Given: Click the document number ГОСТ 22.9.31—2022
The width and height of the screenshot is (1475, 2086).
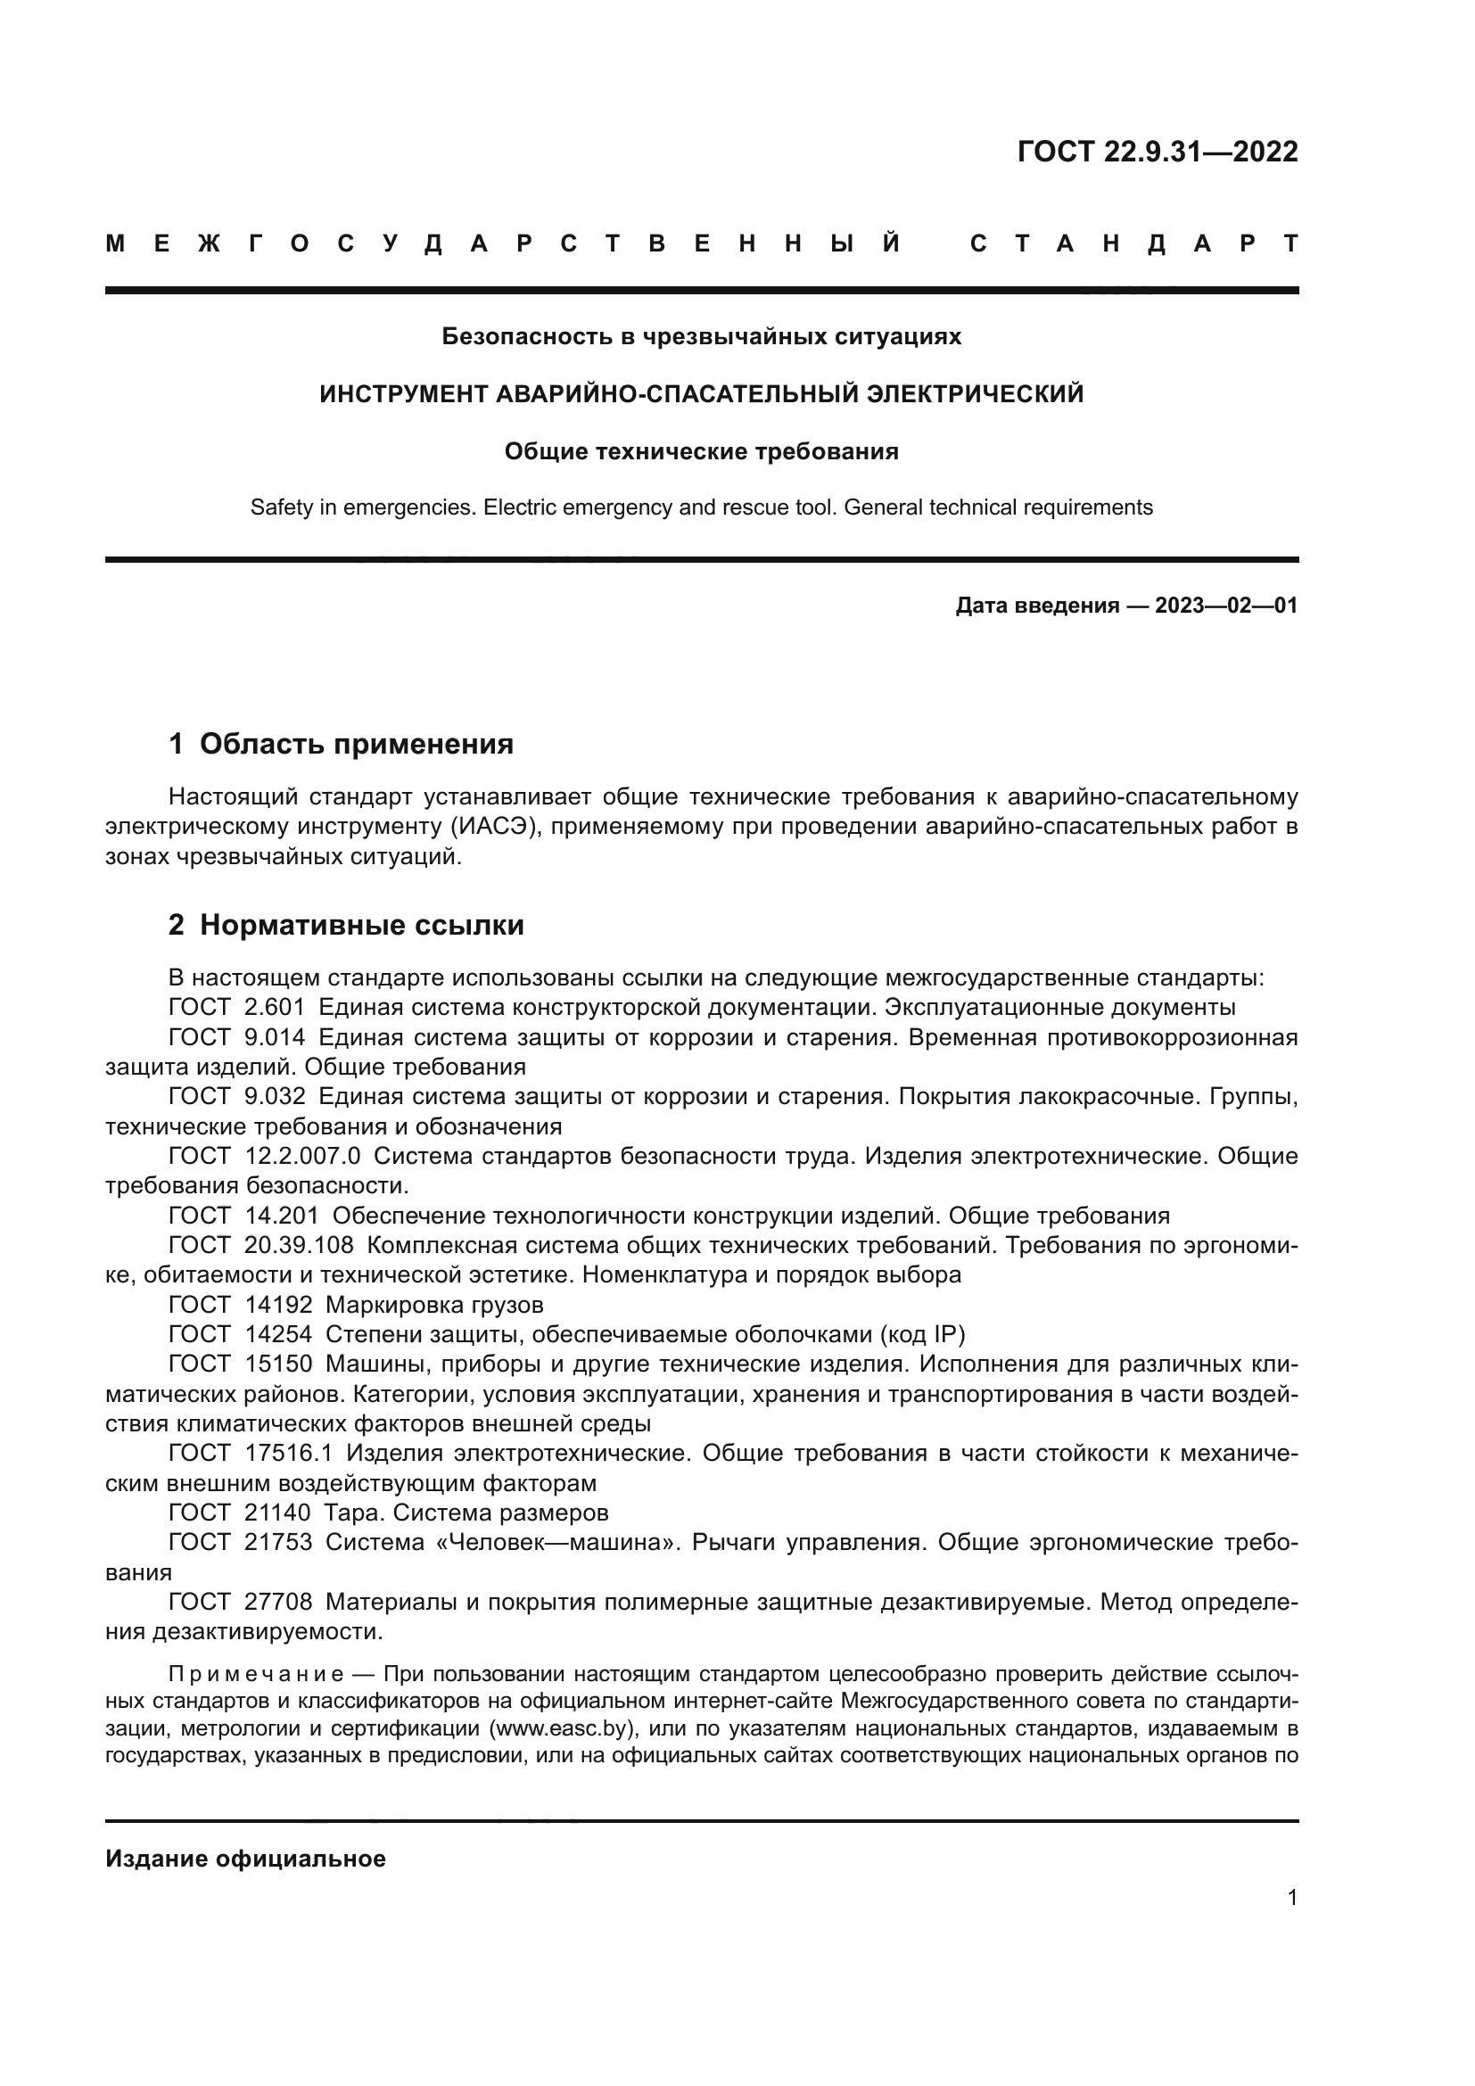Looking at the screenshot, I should tap(1158, 152).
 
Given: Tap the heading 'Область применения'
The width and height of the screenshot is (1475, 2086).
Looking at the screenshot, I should tap(356, 744).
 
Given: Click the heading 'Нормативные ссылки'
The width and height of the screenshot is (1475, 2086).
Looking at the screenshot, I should tap(361, 925).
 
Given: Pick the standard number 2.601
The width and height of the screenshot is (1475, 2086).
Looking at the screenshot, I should tap(276, 1008).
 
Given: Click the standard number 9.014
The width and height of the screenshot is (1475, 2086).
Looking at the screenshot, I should tap(276, 1037).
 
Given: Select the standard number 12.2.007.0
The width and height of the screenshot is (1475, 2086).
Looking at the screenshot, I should tap(303, 1157).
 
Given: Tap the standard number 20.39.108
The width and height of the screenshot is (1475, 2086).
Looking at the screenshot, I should tap(299, 1246).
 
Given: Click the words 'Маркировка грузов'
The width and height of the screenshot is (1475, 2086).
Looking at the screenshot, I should tap(434, 1306).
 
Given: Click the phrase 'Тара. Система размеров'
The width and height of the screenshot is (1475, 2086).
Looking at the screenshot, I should tap(466, 1513).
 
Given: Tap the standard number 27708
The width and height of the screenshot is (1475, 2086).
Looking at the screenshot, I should tap(278, 1602).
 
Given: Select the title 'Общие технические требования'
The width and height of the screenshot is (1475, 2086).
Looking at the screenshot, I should tap(701, 451).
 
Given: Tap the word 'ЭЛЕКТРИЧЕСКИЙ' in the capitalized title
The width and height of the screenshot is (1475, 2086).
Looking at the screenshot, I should tap(975, 394).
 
